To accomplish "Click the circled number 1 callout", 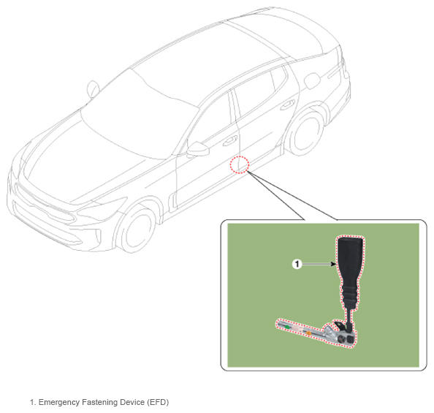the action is pos(297,264).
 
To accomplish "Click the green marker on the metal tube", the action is pos(288,327).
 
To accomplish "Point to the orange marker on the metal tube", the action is pos(309,332).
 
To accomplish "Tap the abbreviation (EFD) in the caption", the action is pos(158,403).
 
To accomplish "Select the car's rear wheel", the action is pos(306,133).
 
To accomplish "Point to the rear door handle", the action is pos(288,105).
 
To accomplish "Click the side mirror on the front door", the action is pos(198,149).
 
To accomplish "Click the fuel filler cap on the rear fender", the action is pos(312,80).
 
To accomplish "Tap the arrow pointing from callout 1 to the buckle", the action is pos(319,264).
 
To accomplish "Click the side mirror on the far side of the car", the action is pos(94,89).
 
